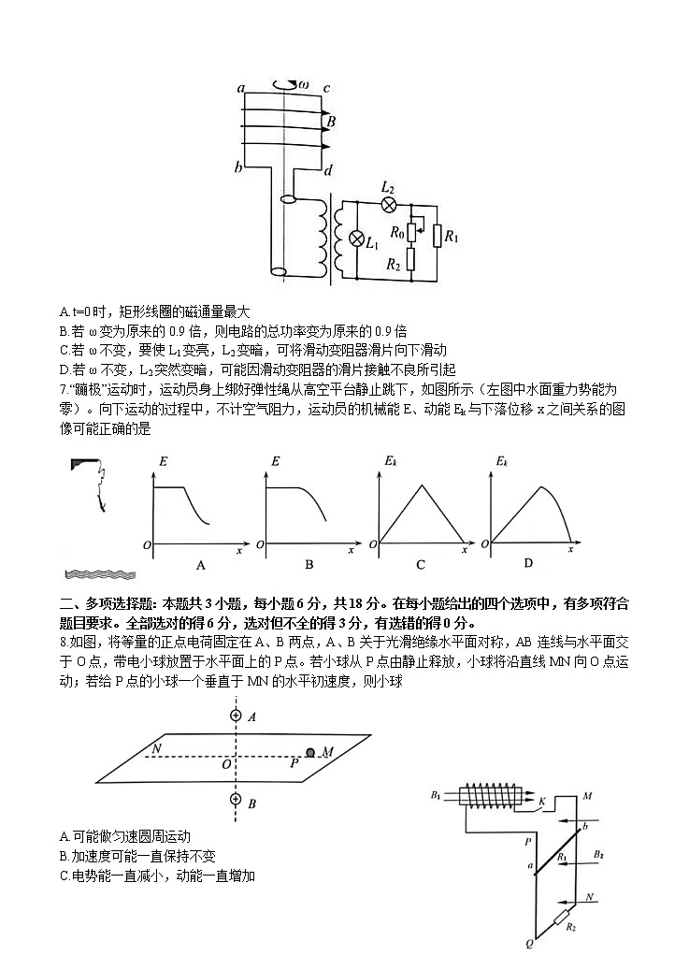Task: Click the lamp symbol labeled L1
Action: pos(356,238)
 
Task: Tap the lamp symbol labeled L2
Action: pos(390,204)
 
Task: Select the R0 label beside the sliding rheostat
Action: pos(396,231)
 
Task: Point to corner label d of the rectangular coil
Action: pos(327,171)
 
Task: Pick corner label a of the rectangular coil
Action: pos(241,89)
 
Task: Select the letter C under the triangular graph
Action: pos(421,565)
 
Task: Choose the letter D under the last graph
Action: pos(528,563)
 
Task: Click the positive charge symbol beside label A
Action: pos(235,716)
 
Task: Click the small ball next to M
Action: pos(311,752)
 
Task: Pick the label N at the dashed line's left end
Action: pos(156,749)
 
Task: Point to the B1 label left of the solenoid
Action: pos(436,795)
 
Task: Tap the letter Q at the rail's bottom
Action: pos(529,944)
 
